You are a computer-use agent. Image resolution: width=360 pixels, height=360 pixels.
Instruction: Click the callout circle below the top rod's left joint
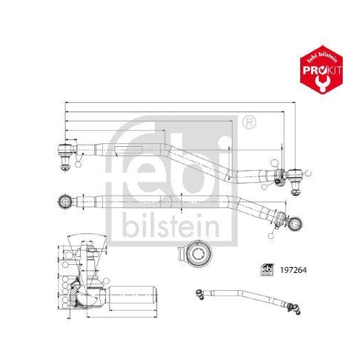(78, 165)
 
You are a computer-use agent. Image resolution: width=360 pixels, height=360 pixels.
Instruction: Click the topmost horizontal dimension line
(180, 103)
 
